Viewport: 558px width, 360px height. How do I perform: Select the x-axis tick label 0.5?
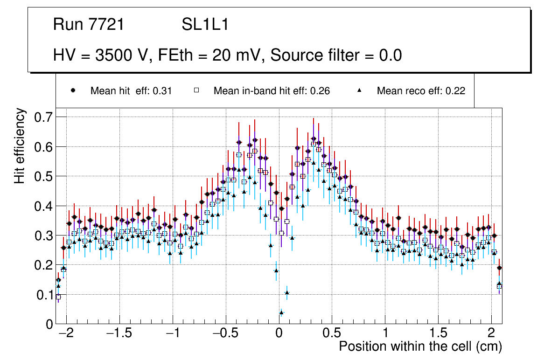pos(332,334)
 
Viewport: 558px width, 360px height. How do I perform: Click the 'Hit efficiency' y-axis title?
pos(20,145)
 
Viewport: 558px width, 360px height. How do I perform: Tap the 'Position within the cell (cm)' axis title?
pos(420,347)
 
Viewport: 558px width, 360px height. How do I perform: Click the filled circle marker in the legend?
pos(73,91)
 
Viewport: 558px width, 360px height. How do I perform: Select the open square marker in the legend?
pos(196,91)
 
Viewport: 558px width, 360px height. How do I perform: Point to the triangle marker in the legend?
pos(360,91)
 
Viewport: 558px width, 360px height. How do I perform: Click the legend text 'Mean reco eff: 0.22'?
pos(421,91)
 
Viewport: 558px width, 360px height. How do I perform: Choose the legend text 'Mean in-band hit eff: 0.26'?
pos(272,91)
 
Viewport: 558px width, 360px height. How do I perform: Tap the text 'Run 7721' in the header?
pos(89,25)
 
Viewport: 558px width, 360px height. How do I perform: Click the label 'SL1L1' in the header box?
pos(205,25)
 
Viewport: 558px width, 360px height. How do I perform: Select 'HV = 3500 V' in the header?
pos(102,55)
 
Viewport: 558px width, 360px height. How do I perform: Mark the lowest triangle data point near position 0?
pos(281,312)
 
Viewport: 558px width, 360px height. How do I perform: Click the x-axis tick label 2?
pos(491,334)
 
